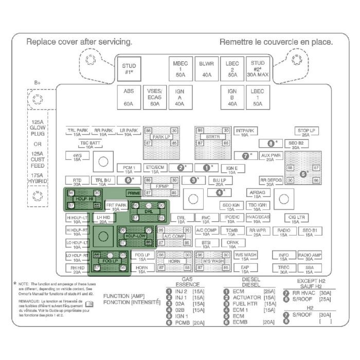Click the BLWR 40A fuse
click(x=206, y=69)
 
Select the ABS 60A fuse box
click(x=129, y=97)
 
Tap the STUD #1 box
click(x=129, y=69)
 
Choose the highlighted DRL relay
click(x=148, y=211)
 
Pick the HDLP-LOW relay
click(x=136, y=236)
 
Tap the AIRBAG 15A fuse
click(x=257, y=194)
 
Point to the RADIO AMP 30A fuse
click(x=309, y=256)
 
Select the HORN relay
click(x=174, y=261)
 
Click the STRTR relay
click(x=212, y=137)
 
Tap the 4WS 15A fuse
click(x=77, y=156)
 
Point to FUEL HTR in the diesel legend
click(x=244, y=303)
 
